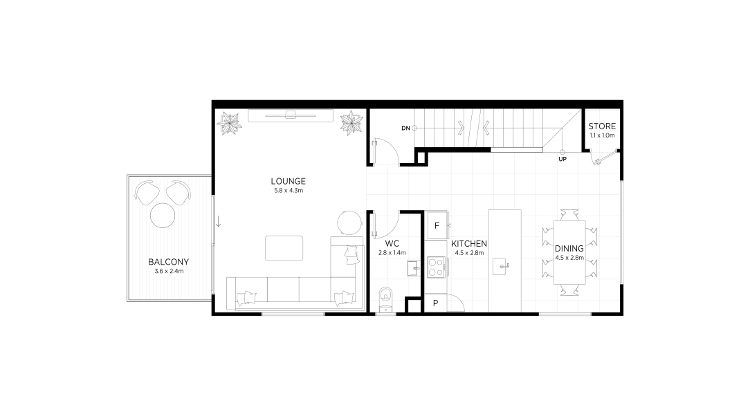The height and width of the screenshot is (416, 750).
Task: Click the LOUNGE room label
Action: pos(288,182)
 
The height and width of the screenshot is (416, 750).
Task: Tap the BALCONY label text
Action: pos(168,262)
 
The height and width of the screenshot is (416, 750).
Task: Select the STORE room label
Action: pos(602,126)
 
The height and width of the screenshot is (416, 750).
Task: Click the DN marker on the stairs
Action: pos(405,128)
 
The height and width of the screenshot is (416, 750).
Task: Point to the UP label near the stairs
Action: pos(562,159)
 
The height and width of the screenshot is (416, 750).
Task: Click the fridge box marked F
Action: pos(437,225)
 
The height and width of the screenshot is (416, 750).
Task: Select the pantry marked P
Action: pos(436,303)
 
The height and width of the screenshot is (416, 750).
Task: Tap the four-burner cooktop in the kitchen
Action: pos(436,267)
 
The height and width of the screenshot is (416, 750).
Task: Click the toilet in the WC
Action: pos(385,299)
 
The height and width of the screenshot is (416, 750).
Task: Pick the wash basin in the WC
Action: pos(413,268)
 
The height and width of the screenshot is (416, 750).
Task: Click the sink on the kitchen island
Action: pos(500,265)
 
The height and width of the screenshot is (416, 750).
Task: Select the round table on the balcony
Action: pos(163,216)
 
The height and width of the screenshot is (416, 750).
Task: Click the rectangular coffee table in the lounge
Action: pos(284,248)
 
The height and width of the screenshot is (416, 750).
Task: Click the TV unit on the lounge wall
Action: pos(291,115)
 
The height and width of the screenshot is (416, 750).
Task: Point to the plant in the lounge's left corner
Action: pos(229,124)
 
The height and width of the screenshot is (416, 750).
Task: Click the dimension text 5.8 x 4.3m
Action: pos(289,191)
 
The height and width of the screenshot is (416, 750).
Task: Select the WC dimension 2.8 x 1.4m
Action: pos(392,253)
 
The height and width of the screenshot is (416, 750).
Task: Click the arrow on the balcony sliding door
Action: pos(218,221)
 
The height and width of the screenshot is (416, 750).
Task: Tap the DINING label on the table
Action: pos(569,249)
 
